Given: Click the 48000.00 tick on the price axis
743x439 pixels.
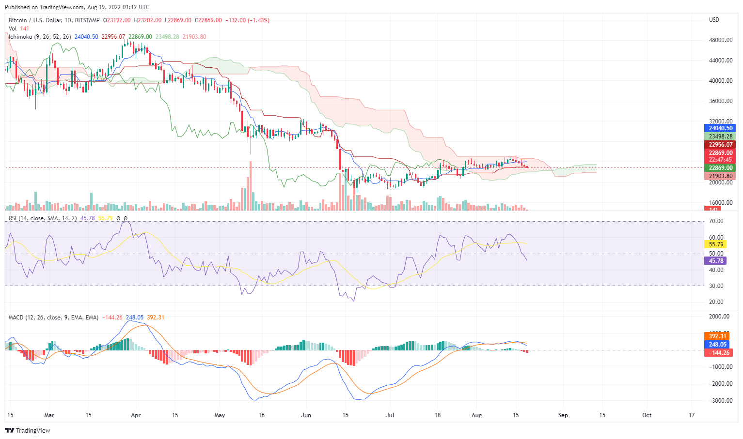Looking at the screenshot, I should [x=720, y=40].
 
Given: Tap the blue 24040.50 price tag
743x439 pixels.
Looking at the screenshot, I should [x=720, y=128].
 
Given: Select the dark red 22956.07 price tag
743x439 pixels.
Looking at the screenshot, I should [x=720, y=145].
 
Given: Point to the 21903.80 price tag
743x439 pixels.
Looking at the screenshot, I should [x=720, y=176].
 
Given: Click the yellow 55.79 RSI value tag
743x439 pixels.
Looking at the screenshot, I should [x=716, y=244].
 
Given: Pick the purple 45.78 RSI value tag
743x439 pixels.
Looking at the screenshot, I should [x=716, y=261].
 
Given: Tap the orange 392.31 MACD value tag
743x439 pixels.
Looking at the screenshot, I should [x=717, y=336].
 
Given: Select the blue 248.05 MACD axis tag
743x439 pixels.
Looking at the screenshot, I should [x=717, y=345].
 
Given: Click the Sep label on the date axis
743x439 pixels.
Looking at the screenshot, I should [x=563, y=415].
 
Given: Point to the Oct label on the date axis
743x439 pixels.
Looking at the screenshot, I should [x=647, y=415].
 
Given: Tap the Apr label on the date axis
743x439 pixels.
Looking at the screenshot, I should [x=136, y=415].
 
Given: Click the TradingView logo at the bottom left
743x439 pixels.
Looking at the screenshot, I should [x=28, y=430].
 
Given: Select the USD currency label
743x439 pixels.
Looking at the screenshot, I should [x=714, y=20].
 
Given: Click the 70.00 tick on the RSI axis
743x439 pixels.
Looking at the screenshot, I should [x=716, y=221].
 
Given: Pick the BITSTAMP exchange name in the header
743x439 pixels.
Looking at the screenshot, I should [x=88, y=20].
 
